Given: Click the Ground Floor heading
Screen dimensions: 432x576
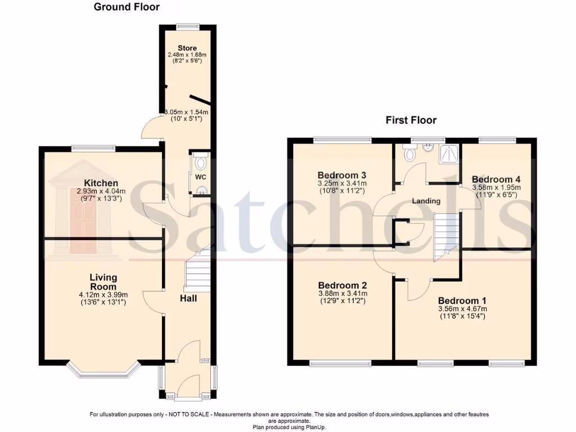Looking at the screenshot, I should click(x=127, y=7).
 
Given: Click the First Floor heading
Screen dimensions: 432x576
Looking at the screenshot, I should click(x=411, y=120).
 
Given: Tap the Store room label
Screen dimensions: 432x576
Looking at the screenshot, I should click(x=187, y=48).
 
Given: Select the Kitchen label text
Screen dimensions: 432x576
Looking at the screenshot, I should click(x=101, y=183).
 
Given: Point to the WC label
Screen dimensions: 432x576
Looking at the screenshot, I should click(x=201, y=177).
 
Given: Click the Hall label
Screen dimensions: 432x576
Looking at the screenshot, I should click(x=188, y=298).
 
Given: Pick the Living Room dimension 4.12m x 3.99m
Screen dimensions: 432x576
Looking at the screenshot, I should click(x=103, y=295).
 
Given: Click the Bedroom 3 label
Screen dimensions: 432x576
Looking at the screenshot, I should click(x=342, y=174).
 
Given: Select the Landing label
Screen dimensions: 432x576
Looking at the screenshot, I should click(x=426, y=201).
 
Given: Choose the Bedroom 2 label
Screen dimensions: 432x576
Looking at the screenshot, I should click(x=342, y=285).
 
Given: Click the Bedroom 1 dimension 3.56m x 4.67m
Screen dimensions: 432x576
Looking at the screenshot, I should click(x=462, y=309).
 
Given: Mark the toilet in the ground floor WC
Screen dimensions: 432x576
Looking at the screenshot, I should click(x=201, y=163).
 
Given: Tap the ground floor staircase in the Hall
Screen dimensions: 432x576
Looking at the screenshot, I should click(x=198, y=273).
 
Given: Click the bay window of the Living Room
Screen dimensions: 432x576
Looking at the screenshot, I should click(x=103, y=372).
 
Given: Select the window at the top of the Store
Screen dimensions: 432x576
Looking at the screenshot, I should click(x=187, y=25).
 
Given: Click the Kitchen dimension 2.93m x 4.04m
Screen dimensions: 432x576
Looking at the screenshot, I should click(x=101, y=191).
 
